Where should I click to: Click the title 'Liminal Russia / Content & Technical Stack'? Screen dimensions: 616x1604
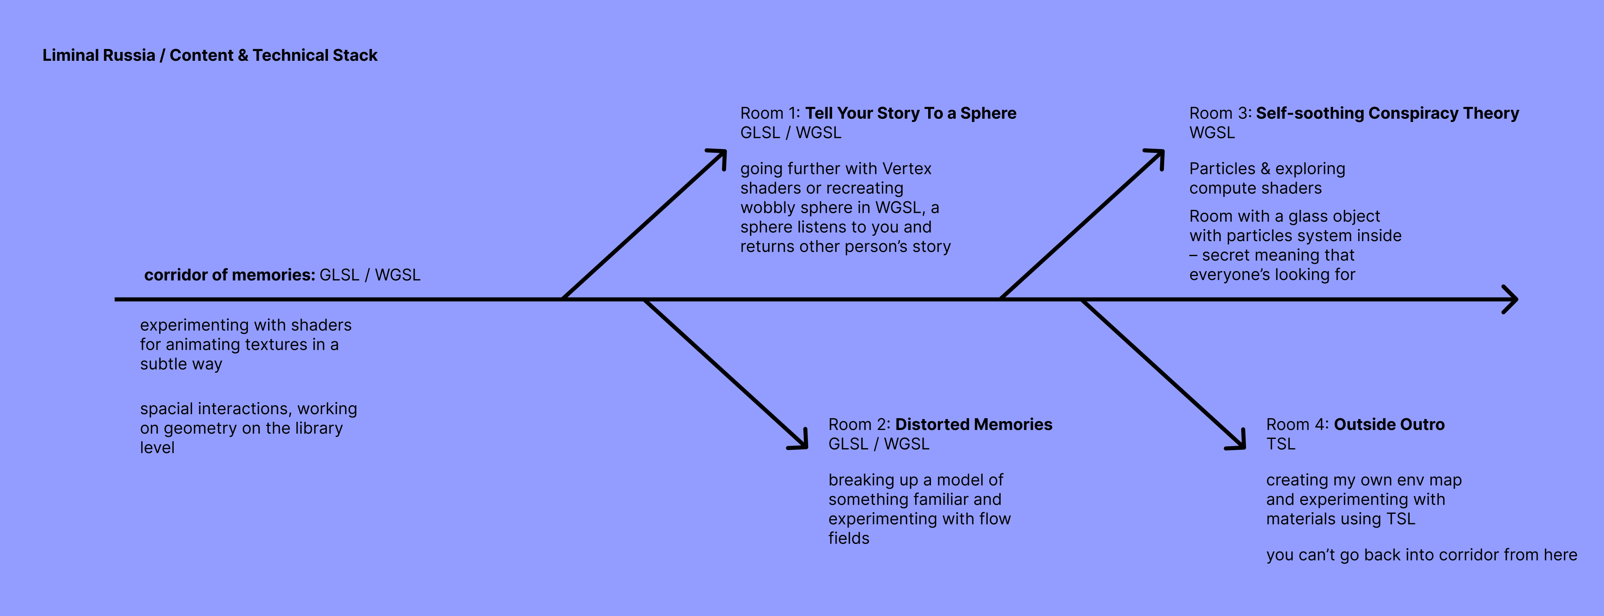(209, 56)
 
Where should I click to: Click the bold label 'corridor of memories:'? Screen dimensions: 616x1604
(229, 275)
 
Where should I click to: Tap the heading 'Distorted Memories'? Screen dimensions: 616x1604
(973, 424)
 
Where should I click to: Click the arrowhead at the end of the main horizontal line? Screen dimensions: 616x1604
(1512, 299)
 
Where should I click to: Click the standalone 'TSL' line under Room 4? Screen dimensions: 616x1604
(1280, 444)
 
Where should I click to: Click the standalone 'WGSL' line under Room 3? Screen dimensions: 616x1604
(1212, 133)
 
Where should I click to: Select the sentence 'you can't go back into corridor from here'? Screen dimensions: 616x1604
(1421, 555)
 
